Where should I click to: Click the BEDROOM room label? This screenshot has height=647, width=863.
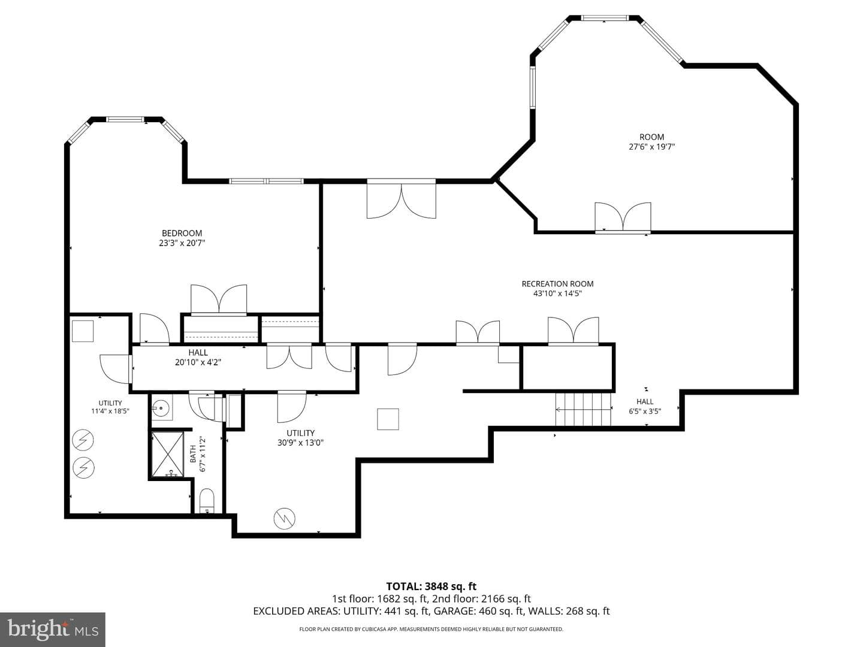182,233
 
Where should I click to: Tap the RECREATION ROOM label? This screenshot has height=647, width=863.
557,283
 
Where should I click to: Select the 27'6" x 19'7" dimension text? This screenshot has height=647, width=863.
651,147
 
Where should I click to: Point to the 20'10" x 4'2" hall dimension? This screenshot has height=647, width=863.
198,362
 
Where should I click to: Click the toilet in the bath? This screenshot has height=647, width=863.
207,501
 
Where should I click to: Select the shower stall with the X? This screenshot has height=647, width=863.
168,454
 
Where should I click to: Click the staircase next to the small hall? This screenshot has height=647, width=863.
583,409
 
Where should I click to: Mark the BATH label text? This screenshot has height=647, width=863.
193,453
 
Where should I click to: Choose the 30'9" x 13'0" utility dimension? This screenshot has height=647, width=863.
300,443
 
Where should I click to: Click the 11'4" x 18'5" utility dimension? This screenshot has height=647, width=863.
110,412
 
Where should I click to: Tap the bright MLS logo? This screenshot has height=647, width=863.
53,629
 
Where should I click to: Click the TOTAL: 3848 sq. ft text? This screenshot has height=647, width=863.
431,586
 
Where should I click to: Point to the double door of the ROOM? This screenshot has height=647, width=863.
623,217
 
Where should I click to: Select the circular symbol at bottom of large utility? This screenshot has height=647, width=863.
284,519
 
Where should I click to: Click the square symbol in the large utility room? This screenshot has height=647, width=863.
388,419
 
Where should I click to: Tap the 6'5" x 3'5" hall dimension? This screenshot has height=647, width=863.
645,412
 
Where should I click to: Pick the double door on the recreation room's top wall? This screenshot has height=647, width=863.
402,199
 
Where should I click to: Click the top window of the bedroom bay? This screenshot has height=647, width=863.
126,119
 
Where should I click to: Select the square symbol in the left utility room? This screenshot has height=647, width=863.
83,331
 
